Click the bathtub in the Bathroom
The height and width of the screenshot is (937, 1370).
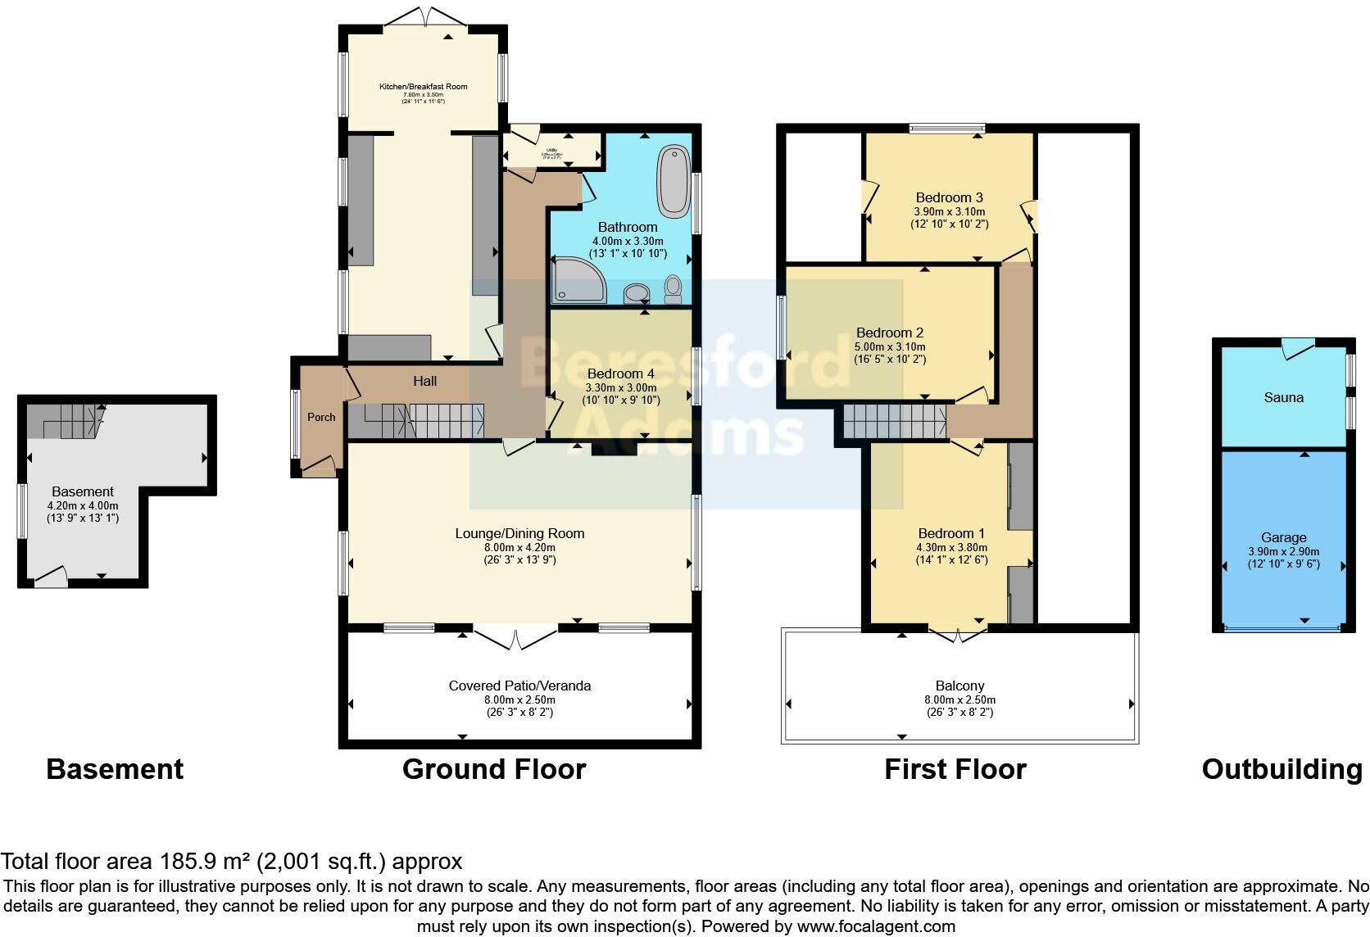(674, 179)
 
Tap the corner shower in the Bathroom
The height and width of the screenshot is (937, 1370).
(577, 280)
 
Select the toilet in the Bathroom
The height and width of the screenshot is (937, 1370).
(673, 288)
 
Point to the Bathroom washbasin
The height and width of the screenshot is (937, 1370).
(635, 292)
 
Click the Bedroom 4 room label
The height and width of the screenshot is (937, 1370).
(620, 374)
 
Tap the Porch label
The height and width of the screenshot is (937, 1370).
(321, 417)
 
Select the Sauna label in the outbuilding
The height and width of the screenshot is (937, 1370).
(1283, 397)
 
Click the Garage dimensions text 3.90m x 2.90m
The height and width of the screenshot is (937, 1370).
(1283, 551)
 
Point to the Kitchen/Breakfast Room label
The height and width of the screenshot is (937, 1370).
(423, 86)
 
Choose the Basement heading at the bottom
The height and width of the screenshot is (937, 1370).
(115, 769)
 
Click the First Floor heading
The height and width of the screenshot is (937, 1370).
(955, 769)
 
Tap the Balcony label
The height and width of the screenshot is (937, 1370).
(959, 686)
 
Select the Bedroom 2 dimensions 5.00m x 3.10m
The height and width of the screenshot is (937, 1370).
(890, 346)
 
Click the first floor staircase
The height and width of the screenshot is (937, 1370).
(895, 422)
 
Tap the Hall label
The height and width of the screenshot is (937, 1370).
(424, 381)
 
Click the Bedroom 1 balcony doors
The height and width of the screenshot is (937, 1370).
(957, 635)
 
